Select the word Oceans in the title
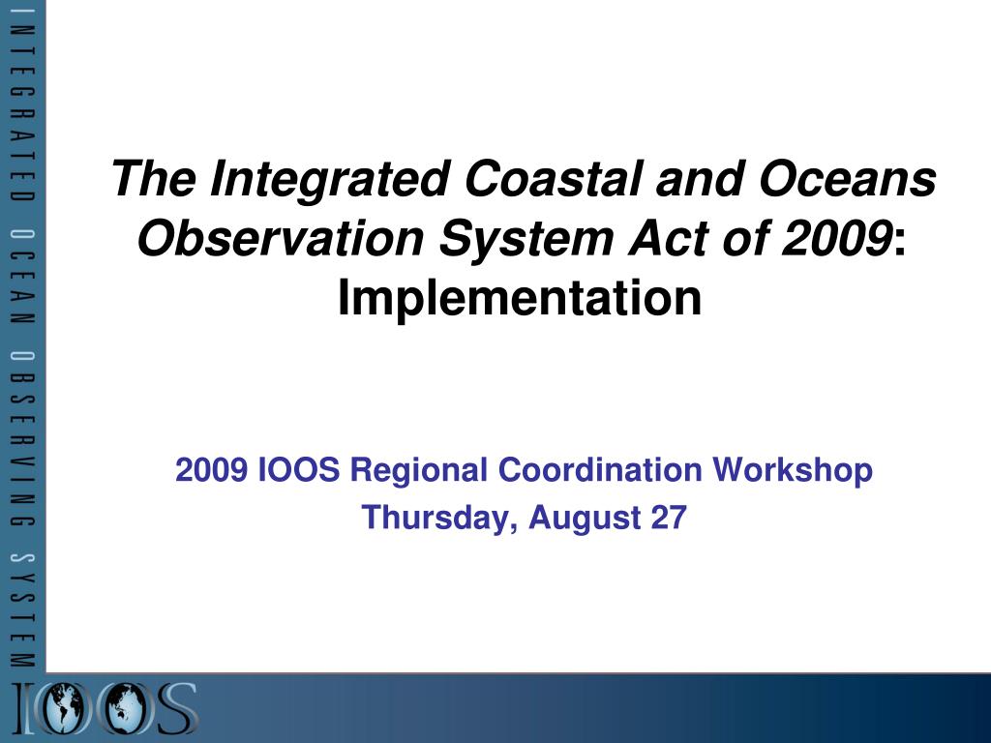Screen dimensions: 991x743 click(x=848, y=178)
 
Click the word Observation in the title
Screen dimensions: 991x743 click(x=280, y=238)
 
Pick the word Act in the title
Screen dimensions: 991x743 click(x=667, y=238)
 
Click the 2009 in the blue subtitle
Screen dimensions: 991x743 click(x=211, y=470)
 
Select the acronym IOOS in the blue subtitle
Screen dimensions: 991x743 click(x=299, y=470)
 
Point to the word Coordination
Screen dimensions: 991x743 click(x=600, y=470)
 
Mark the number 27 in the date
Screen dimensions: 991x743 click(x=669, y=517)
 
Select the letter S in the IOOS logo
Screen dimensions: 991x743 click(x=176, y=708)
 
